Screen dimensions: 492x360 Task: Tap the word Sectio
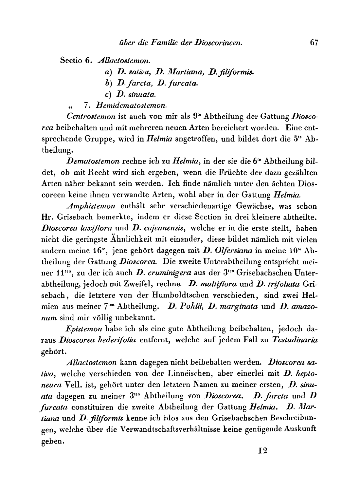click(x=71, y=61)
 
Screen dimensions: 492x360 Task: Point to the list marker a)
click(x=105, y=72)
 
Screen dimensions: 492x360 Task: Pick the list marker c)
click(x=105, y=95)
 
